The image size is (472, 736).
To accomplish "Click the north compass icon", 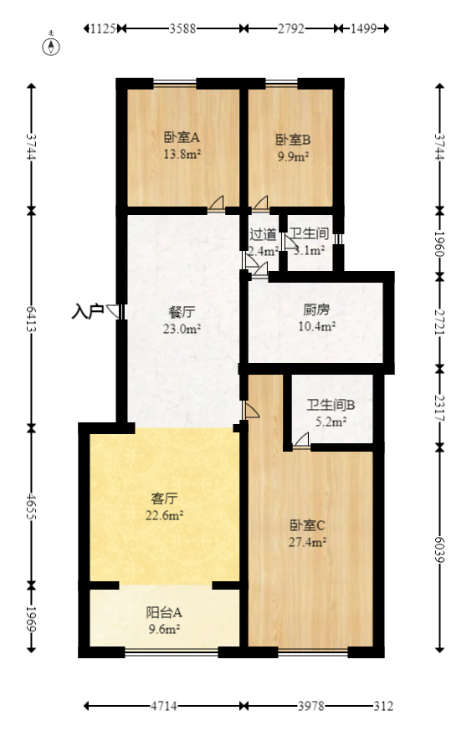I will point(51,47).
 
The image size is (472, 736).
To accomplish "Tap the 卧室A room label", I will point(181,138).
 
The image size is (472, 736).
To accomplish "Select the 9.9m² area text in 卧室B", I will point(293,156).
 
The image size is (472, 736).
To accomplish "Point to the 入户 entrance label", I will point(87,312).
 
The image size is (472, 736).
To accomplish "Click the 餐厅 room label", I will point(182,312).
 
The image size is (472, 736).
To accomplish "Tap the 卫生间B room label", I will point(331,406).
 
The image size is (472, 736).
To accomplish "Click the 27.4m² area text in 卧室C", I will point(308,541).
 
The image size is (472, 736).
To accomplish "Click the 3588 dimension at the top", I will point(182,28).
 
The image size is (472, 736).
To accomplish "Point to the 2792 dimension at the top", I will point(291,28).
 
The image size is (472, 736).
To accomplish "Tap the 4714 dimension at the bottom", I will point(165,707).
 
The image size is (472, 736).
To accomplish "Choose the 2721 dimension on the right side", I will point(440,320).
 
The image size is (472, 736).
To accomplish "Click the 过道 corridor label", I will point(263,234).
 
